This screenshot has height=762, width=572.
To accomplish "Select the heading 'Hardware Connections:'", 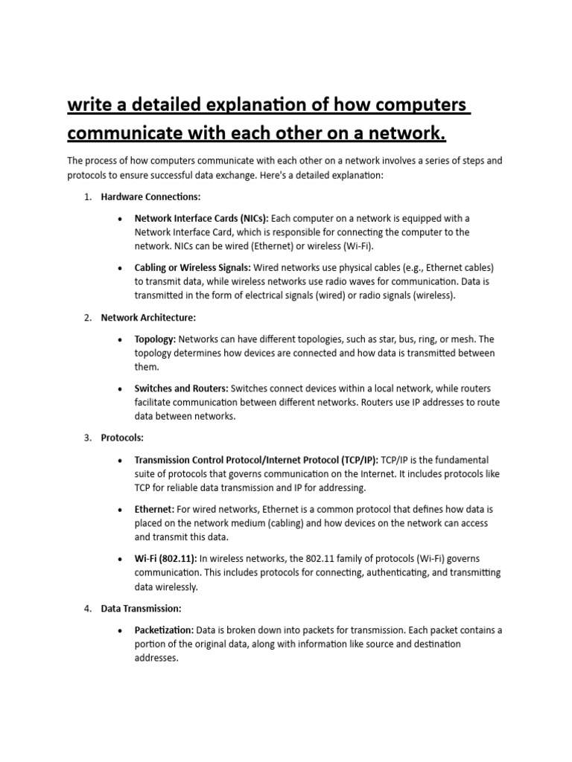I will pos(151,196).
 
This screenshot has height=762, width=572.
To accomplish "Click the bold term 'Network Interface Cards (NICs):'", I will pos(202,218).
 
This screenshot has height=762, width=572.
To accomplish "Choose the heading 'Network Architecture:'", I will pos(148,318).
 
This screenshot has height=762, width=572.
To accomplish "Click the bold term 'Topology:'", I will pos(155,339).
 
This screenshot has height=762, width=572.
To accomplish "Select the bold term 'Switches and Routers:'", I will pos(182,388).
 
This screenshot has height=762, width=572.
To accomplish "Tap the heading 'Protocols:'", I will pos(122,438).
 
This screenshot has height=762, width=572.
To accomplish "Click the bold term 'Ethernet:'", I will pos(154,509).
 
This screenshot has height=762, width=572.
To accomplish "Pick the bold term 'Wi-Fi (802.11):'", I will pos(165,559).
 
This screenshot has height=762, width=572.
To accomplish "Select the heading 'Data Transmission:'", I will pos(142,608).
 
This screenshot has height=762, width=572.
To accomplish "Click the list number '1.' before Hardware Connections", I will pos(87,196).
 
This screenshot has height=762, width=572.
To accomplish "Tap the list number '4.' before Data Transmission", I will pos(87,608).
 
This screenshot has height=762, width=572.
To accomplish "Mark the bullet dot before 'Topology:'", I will pos(120,340).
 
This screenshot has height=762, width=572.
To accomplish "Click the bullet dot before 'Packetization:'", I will pos(120,630).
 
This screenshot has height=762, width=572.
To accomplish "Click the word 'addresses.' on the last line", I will pos(156,658).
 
